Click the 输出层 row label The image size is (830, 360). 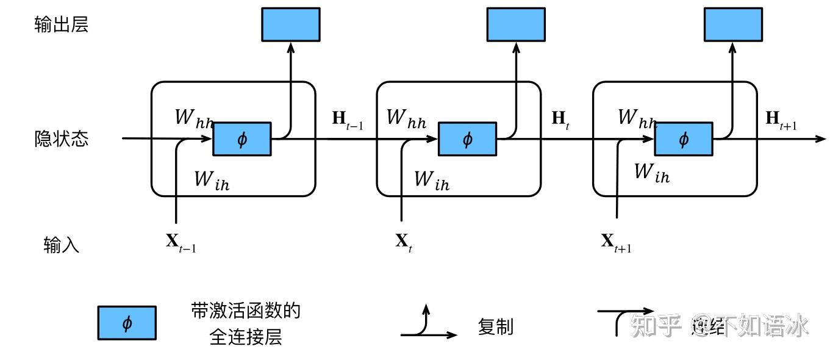(x=62, y=25)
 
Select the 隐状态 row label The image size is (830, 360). (x=62, y=139)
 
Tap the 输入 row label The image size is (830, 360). (x=62, y=245)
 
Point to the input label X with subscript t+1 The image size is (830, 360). (x=616, y=243)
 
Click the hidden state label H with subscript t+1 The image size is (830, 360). (x=781, y=120)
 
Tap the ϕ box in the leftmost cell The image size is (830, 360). (x=242, y=139)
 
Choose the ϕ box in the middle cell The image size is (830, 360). (x=468, y=139)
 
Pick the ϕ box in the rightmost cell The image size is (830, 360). (x=684, y=139)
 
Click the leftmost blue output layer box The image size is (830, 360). (x=291, y=24)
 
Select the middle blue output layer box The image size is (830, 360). (x=516, y=24)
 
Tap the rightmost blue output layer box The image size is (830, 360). (x=733, y=24)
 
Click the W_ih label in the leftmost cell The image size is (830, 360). (x=212, y=180)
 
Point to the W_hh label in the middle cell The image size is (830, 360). (x=407, y=117)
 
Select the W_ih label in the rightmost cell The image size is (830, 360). (x=652, y=173)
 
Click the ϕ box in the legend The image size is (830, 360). (x=127, y=323)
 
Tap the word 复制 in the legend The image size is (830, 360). (x=495, y=327)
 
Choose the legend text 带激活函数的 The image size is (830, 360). (x=246, y=312)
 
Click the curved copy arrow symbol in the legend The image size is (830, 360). (x=427, y=323)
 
